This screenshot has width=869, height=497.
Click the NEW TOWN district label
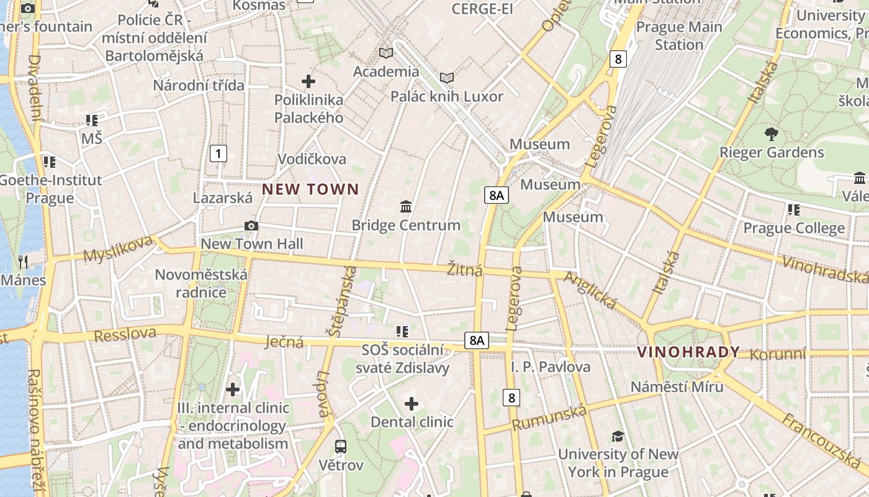pos(310,189)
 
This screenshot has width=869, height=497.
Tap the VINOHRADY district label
pos(688,352)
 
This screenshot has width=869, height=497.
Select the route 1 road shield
pos(218,153)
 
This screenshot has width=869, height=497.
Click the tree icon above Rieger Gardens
pos(772,133)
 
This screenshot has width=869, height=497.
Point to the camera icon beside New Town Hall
pos(251,226)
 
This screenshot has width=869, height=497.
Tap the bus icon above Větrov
pos(341,446)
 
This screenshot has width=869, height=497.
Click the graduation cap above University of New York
pos(618,436)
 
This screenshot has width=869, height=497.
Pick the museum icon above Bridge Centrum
pos(406,206)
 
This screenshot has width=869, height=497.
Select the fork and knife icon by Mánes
pos(24,262)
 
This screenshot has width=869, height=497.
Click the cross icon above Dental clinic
pos(412,404)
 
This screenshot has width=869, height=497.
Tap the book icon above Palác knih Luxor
pos(447,78)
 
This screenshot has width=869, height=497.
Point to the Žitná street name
pos(464,270)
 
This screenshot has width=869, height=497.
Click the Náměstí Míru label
pos(677,386)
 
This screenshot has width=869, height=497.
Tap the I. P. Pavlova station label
pos(551,367)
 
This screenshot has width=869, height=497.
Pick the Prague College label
pos(794,228)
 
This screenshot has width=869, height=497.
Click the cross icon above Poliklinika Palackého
pos(308,81)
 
